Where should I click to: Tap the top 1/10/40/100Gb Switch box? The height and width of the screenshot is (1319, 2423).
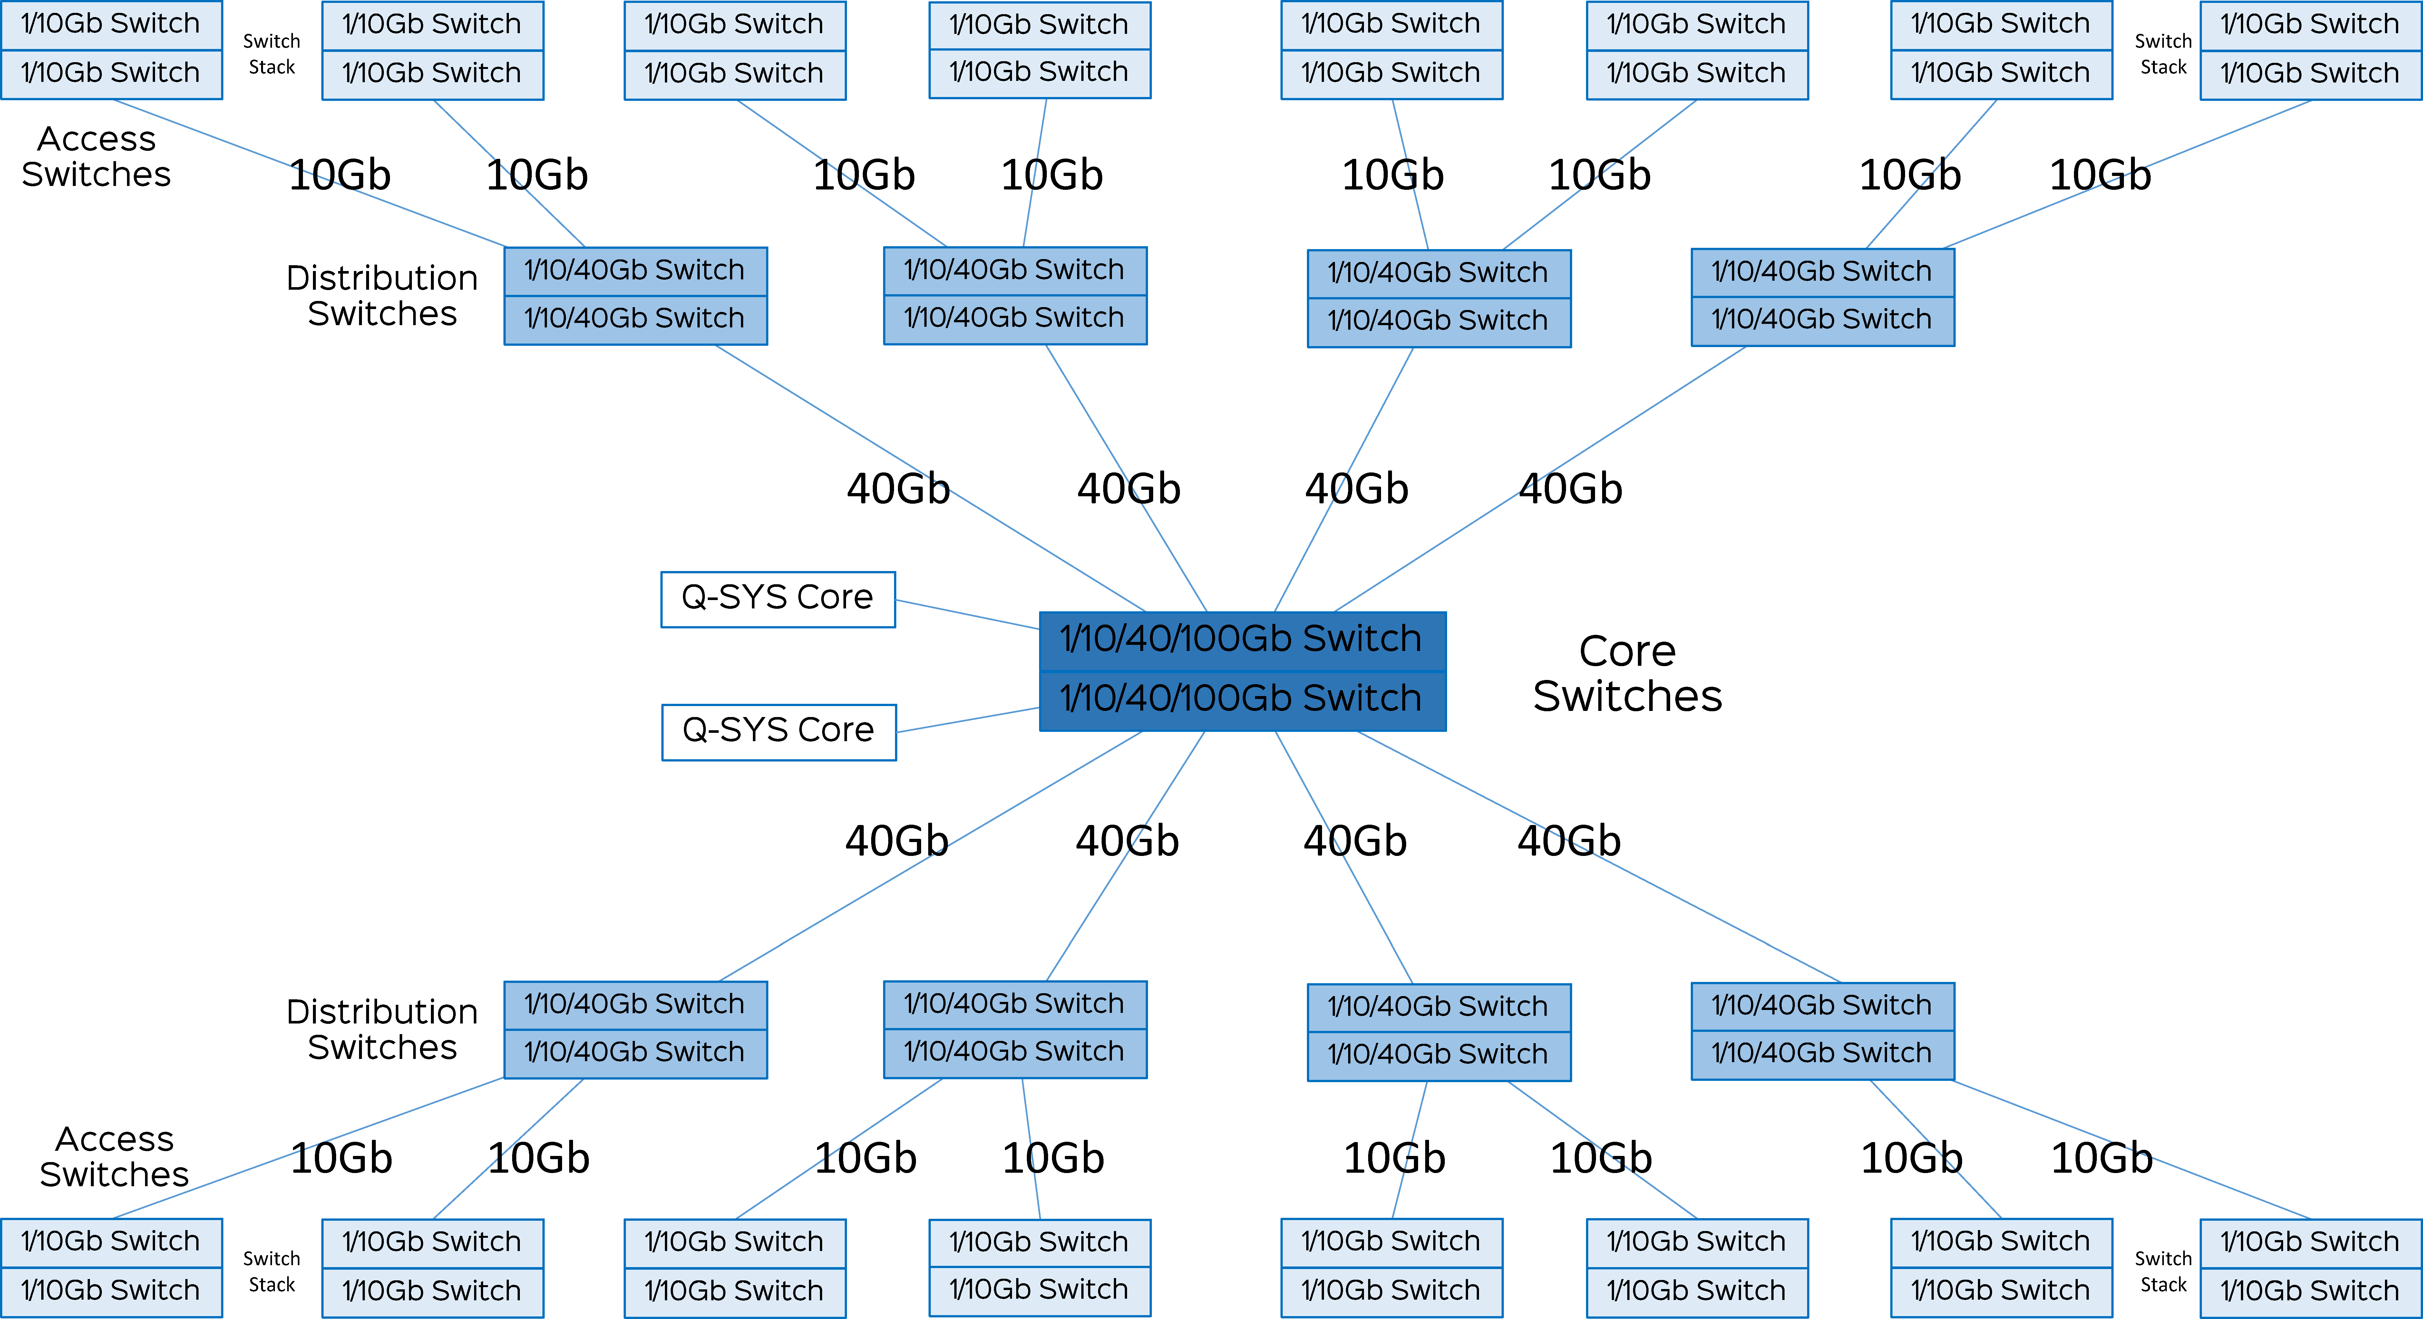1241,640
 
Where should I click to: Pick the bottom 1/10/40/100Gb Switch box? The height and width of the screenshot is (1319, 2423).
1241,699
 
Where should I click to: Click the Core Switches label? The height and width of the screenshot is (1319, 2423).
1627,674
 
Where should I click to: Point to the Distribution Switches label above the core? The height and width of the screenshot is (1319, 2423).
382,296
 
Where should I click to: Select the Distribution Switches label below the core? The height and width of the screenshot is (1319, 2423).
382,1029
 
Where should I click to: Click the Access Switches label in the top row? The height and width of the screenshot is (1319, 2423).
97,156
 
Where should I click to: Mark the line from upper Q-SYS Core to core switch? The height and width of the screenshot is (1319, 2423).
967,613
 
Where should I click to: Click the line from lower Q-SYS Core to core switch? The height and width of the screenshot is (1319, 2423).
967,720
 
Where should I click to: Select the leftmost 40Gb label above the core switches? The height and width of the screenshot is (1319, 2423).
898,489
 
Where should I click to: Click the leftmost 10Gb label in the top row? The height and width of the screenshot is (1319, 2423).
340,175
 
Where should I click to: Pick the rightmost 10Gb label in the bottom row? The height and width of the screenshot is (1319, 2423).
2101,1158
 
